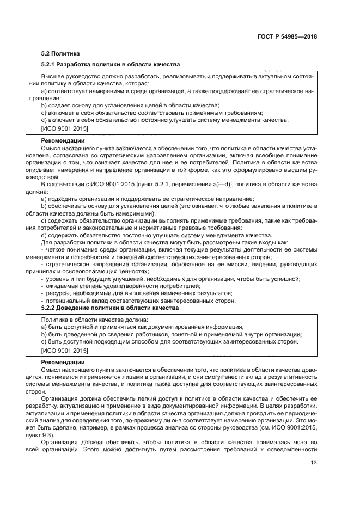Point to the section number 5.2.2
pos(52,308)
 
